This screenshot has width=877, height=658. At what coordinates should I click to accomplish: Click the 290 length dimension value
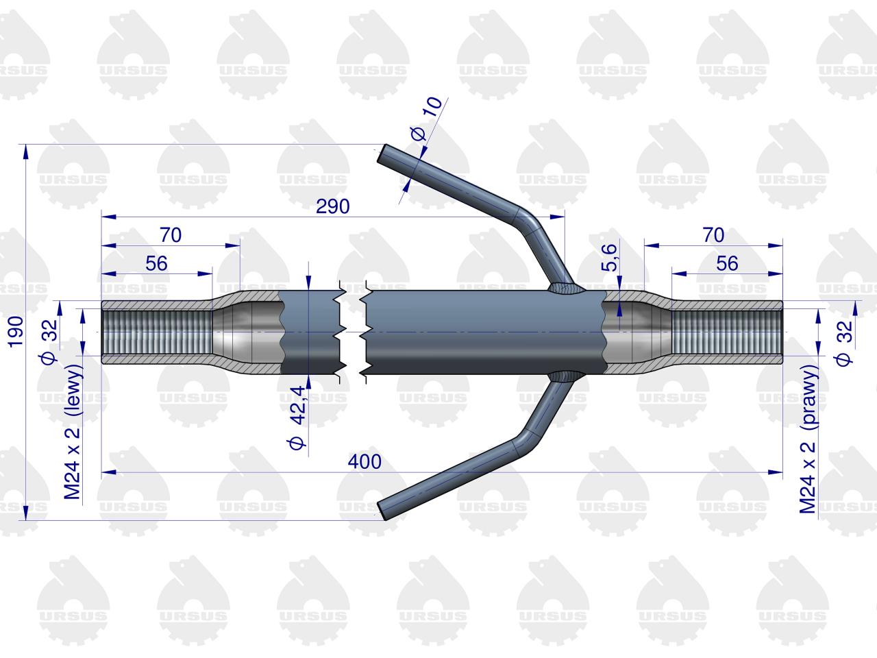(x=332, y=206)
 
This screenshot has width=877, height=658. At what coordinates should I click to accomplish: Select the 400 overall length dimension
(x=365, y=462)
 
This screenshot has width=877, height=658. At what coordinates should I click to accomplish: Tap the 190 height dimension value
(x=16, y=332)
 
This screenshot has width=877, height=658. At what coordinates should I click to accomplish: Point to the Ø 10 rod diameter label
(x=427, y=119)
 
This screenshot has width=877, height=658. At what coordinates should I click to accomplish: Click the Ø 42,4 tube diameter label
(x=297, y=418)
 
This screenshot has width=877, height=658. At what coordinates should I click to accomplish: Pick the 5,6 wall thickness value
(x=609, y=258)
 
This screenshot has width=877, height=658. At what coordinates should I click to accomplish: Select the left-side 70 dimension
(x=171, y=235)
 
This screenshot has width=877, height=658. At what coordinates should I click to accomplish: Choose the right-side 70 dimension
(x=713, y=235)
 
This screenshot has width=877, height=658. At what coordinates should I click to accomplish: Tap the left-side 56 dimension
(x=156, y=264)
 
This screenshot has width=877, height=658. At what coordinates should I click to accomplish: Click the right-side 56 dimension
(x=727, y=264)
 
